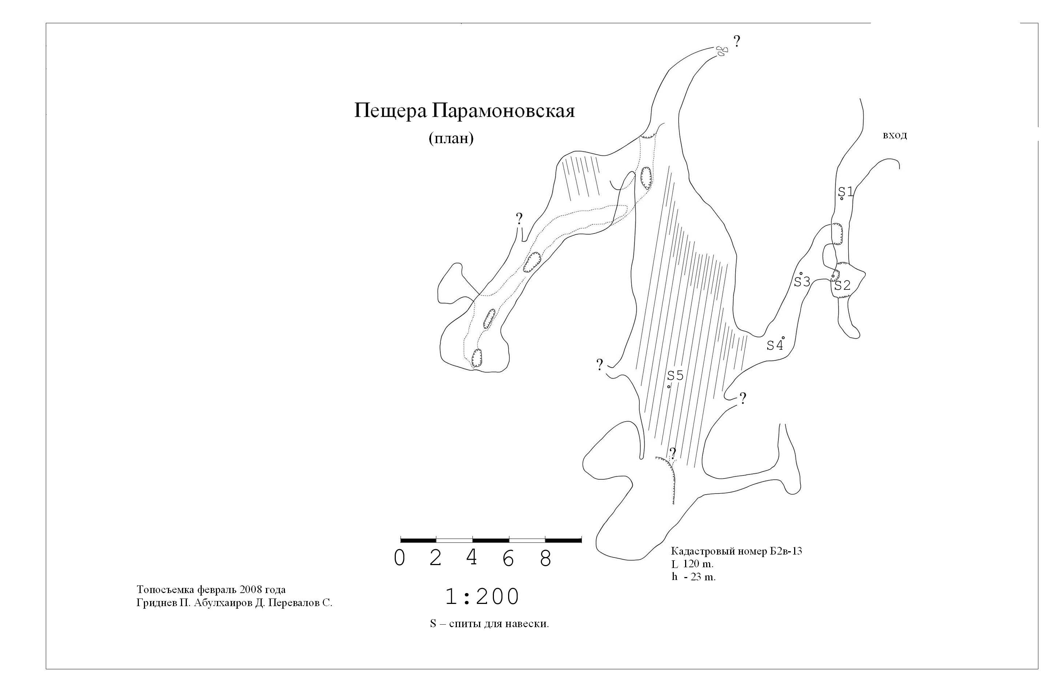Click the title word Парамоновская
click(x=503, y=111)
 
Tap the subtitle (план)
click(x=451, y=138)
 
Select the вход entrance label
click(x=894, y=135)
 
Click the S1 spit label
click(x=845, y=192)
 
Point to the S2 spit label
click(x=842, y=285)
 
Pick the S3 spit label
click(x=802, y=281)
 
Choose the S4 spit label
click(x=775, y=345)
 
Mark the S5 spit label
click(x=675, y=375)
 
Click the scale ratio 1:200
click(x=482, y=597)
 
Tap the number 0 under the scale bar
click(x=399, y=558)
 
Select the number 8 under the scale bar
click(x=545, y=558)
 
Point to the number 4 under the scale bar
click(x=472, y=557)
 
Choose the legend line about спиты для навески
click(x=489, y=624)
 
